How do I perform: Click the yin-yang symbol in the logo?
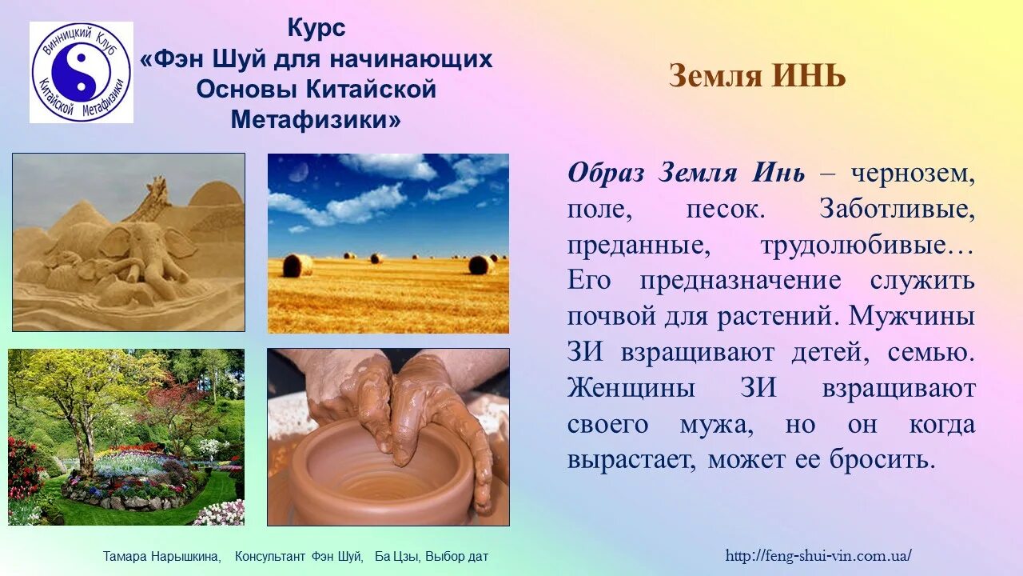[x=81, y=72]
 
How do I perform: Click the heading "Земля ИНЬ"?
[x=757, y=77]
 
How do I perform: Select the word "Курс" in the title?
[x=316, y=29]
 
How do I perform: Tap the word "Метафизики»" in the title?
[x=316, y=120]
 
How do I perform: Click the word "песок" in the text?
[x=722, y=210]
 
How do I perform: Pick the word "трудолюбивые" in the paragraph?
[x=867, y=246]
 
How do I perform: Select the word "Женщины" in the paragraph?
[x=631, y=389]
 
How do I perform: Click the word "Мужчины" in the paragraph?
[x=912, y=316]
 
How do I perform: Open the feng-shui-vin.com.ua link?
[x=818, y=555]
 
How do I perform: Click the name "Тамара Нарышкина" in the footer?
[x=161, y=556]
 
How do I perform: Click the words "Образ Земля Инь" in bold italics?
[x=686, y=174]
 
